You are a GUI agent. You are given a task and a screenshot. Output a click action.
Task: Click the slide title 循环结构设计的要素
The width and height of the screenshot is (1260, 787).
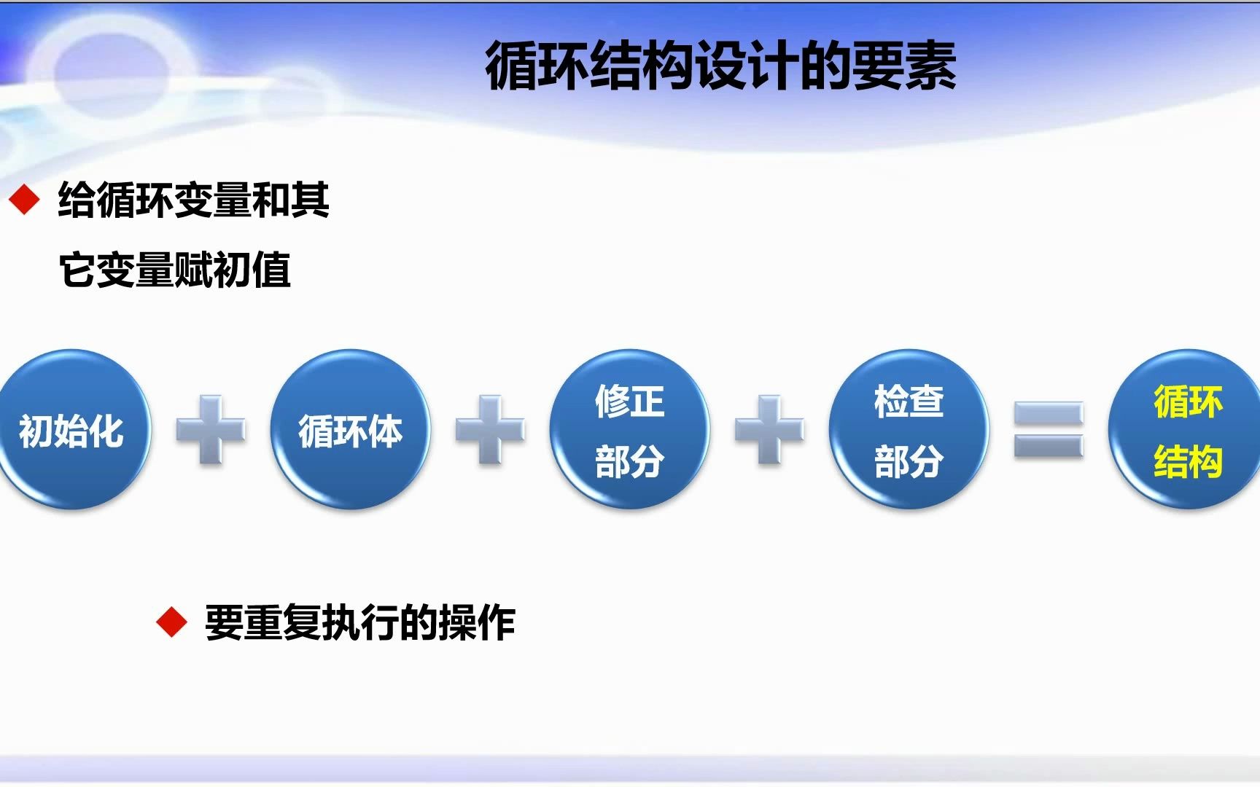point(720,66)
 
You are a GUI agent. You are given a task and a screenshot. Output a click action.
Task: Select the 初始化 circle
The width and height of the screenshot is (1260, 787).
point(71,430)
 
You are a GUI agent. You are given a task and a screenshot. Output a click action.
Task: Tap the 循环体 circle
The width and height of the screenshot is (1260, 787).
point(350,430)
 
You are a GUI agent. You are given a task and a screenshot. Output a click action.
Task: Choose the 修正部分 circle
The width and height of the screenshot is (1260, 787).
point(629,430)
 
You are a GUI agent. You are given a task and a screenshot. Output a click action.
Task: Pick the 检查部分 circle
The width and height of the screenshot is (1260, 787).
point(909,430)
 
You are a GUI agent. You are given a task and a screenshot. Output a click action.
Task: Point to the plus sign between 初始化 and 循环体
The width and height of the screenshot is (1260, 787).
point(211,430)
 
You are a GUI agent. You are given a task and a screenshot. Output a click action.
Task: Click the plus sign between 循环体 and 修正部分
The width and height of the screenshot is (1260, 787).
point(490,430)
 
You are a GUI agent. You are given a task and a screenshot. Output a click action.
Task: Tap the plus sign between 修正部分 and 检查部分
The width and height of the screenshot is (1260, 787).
point(769,430)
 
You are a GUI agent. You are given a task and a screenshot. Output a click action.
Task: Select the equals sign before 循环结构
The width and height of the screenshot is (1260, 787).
point(1049,430)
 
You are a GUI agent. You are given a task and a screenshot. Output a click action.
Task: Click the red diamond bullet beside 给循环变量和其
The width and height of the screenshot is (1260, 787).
point(25,200)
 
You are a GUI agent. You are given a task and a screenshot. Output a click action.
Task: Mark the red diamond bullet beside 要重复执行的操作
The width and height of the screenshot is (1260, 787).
point(172,622)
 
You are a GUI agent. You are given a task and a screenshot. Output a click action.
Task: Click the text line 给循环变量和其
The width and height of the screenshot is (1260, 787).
point(194,200)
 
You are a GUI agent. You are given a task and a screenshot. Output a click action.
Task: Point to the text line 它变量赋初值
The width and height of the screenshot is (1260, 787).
point(175,270)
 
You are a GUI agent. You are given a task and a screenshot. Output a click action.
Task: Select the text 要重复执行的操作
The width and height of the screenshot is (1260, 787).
point(360,622)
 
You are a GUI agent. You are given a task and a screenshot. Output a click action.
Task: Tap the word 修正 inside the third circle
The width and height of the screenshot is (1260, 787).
point(629,401)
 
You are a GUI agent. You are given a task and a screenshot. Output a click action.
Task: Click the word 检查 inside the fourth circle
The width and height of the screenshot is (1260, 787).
point(909,401)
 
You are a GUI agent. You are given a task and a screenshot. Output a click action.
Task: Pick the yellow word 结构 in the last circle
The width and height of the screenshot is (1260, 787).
point(1187,461)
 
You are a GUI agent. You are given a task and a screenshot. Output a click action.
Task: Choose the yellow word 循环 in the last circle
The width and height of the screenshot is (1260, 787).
point(1187,401)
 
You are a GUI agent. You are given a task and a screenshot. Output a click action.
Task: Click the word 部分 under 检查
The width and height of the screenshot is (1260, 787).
point(909,461)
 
